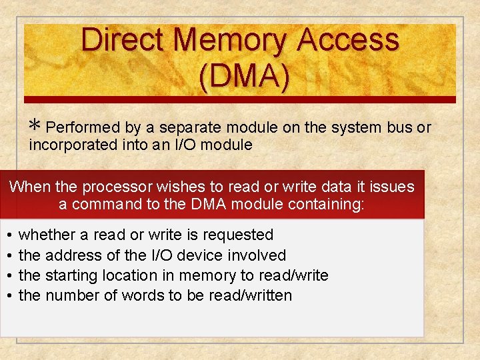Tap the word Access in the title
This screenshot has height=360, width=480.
(x=348, y=40)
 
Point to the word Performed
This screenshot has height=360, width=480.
(x=83, y=127)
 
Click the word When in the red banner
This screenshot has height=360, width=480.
(x=29, y=187)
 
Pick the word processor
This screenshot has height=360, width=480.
(x=116, y=187)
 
